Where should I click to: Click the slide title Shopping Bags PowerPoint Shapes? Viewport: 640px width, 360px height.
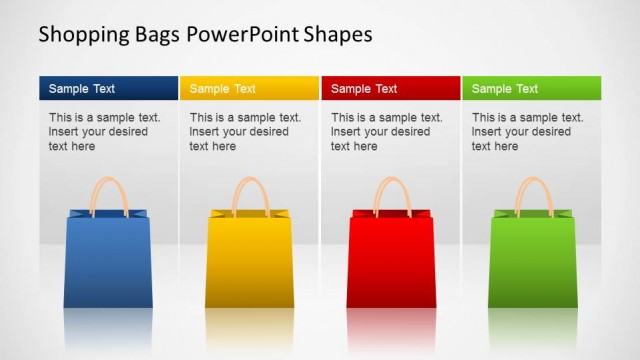tap(205, 34)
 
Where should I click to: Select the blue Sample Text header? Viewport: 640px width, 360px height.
tap(108, 88)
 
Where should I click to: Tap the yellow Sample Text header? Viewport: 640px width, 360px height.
tap(249, 88)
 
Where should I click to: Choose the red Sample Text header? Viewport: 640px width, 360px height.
tap(390, 88)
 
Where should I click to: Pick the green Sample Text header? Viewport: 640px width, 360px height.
tap(531, 88)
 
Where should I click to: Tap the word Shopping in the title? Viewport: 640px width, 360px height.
tap(83, 34)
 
